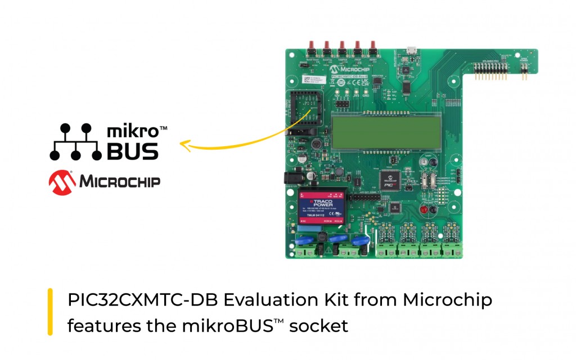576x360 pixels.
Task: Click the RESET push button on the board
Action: click(x=372, y=45)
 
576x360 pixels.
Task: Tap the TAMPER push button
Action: click(x=341, y=45)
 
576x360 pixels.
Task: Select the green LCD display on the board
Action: click(x=385, y=130)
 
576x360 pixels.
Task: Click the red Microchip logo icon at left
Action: click(x=62, y=181)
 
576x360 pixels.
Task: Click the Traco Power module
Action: click(x=321, y=208)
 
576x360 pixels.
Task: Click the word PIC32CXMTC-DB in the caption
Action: click(x=142, y=300)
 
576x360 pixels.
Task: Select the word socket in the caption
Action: click(x=323, y=325)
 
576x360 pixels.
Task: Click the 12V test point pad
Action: click(x=337, y=91)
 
